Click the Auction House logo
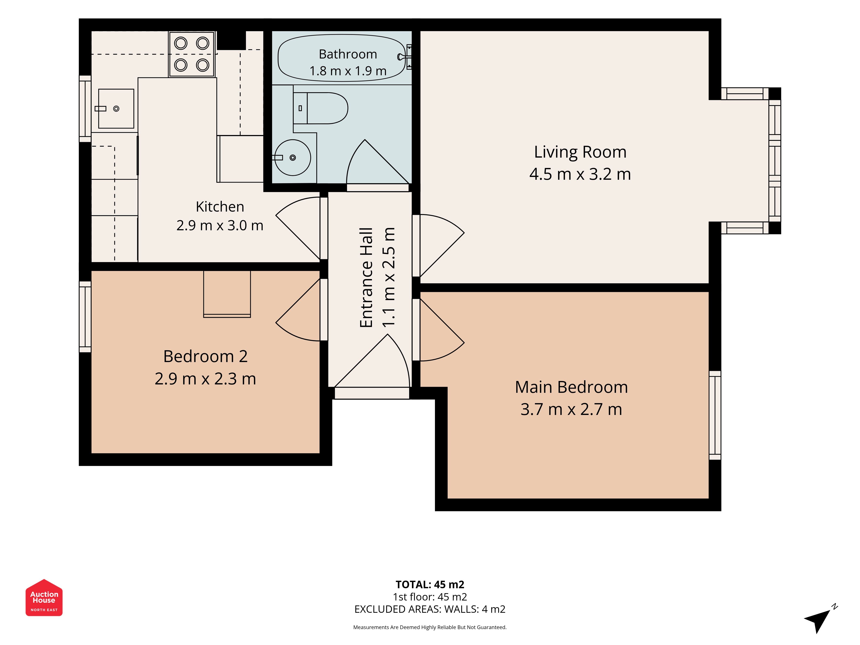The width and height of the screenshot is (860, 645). (44, 597)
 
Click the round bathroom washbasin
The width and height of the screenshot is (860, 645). (293, 157)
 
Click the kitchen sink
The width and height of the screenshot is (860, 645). (116, 109)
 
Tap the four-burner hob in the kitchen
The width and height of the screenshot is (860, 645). (192, 54)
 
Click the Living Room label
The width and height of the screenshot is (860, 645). (580, 152)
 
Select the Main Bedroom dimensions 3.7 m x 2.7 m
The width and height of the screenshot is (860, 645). (571, 409)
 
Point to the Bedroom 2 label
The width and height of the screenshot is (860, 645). (205, 356)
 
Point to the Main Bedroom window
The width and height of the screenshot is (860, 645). (715, 415)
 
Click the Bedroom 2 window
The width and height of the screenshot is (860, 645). (85, 317)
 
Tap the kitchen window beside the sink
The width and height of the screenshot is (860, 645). (85, 109)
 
